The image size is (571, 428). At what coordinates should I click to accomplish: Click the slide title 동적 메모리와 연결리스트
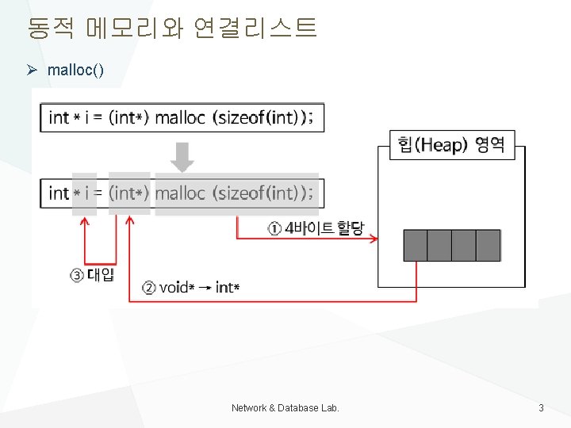[171, 29]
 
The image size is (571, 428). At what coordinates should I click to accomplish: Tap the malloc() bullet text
[75, 71]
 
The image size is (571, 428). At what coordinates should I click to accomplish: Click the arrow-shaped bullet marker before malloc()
[32, 71]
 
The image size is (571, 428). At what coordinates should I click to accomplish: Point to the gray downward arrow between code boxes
[182, 156]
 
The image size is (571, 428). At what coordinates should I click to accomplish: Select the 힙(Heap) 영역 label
[451, 144]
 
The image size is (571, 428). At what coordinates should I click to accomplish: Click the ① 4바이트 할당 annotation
[315, 229]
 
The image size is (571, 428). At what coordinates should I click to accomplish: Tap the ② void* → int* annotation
[190, 287]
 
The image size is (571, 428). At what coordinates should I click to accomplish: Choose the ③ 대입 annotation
[93, 275]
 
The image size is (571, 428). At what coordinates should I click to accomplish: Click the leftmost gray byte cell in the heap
[416, 246]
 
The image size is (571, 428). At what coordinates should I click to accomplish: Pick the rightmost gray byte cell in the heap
[489, 246]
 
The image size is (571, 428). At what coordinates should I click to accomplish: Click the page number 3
[541, 408]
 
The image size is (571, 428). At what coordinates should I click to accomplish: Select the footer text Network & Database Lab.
[285, 408]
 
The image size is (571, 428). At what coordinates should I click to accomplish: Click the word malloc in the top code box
[180, 118]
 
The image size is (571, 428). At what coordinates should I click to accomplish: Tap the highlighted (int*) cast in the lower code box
[129, 193]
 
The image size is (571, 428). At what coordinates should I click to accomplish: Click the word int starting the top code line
[59, 118]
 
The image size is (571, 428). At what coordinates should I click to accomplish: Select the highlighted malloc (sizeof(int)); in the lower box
[236, 193]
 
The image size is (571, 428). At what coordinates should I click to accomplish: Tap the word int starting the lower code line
[59, 193]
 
